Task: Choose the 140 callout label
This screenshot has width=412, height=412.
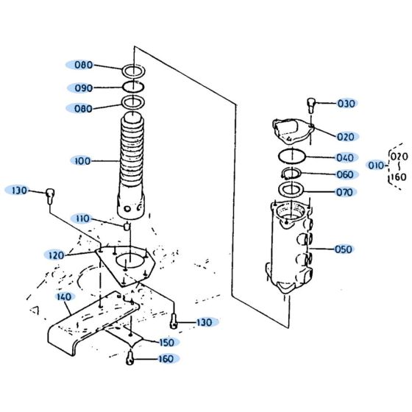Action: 63,297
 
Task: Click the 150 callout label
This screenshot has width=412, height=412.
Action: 167,341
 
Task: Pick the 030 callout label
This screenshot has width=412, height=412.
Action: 346,104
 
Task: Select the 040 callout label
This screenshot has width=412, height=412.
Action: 344,157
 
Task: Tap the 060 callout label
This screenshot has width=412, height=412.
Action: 344,174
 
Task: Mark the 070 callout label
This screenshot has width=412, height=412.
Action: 344,192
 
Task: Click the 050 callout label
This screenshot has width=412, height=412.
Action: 343,249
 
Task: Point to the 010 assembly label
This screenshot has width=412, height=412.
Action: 375,166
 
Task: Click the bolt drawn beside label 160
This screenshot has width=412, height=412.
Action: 129,358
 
